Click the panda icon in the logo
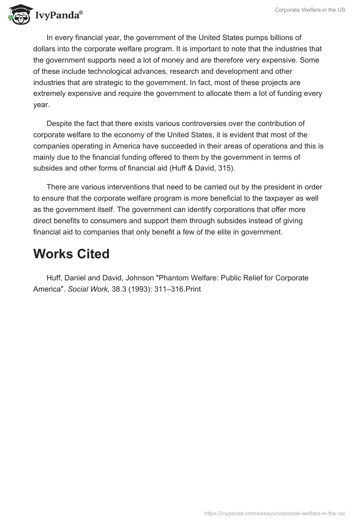click(x=18, y=14)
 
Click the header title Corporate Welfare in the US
click(x=310, y=10)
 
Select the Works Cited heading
click(x=71, y=254)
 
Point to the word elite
click(x=201, y=233)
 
